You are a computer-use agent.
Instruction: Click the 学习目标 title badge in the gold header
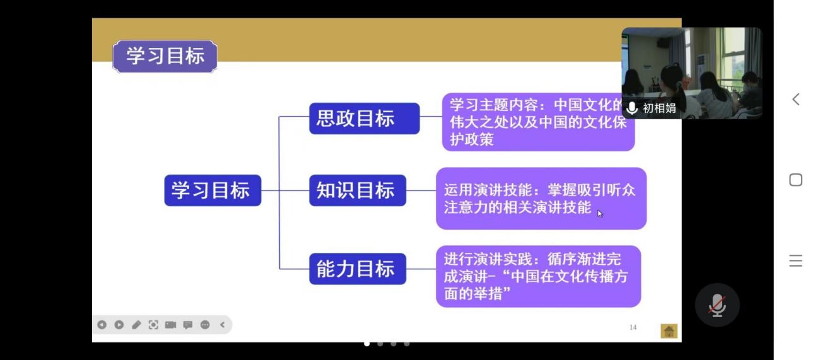165,56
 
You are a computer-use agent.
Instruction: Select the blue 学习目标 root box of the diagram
213,190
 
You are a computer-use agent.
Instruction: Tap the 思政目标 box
364,119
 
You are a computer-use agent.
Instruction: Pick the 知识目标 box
358,190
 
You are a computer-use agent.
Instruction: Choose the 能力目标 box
358,269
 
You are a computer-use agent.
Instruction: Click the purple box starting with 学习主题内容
538,122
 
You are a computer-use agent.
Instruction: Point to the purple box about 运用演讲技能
541,199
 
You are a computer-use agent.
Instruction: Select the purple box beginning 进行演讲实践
538,276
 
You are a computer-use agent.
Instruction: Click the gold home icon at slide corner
669,331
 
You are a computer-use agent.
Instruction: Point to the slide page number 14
633,327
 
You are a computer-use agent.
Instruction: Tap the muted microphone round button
717,305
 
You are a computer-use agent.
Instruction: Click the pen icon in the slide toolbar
136,325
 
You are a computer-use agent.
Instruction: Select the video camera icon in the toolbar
170,325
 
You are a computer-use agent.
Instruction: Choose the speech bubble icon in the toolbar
188,325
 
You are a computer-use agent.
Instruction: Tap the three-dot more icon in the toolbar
205,325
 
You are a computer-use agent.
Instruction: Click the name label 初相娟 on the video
659,108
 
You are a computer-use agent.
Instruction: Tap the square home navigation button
796,180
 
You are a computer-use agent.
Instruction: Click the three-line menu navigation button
796,260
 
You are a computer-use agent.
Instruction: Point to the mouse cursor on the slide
600,214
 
